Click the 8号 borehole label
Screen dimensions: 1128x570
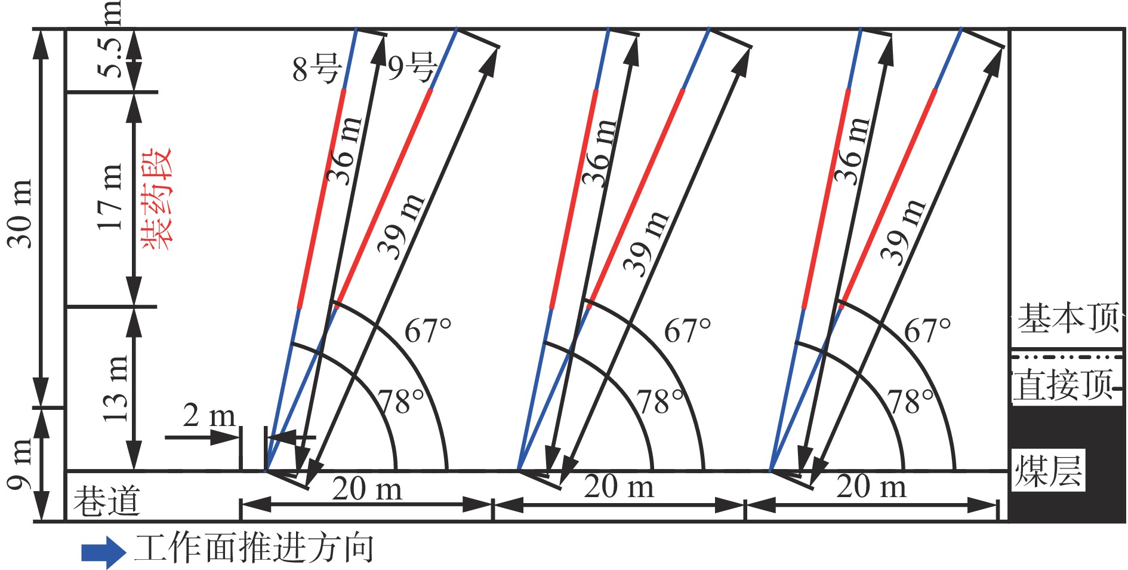pyautogui.click(x=317, y=68)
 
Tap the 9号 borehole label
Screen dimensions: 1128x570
pyautogui.click(x=412, y=67)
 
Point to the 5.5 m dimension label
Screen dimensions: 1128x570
pyautogui.click(x=111, y=39)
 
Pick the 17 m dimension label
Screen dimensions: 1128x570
pyautogui.click(x=111, y=197)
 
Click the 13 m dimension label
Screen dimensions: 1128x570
pyautogui.click(x=116, y=388)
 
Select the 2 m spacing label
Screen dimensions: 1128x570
pyautogui.click(x=209, y=415)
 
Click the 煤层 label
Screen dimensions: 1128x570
pyautogui.click(x=1049, y=471)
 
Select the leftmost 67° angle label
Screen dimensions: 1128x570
pyautogui.click(x=428, y=330)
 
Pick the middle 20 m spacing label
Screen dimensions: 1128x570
pyautogui.click(x=619, y=486)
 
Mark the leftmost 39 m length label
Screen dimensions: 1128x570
pyautogui.click(x=401, y=226)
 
